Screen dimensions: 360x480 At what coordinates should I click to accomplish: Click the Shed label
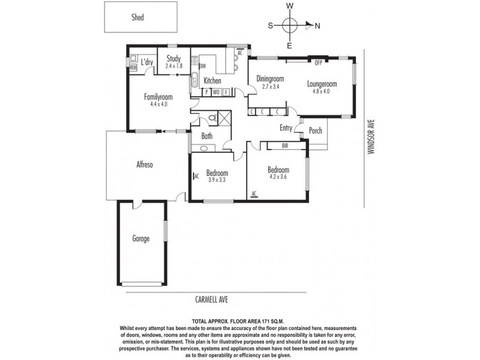tap(138, 17)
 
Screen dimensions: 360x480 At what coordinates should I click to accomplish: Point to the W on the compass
tap(290, 5)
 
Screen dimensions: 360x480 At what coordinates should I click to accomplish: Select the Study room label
tap(174, 59)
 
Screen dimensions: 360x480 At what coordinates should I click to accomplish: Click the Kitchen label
tap(212, 81)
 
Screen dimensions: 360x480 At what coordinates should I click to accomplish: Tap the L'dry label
tap(146, 62)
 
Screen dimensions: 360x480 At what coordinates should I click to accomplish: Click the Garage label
tap(141, 239)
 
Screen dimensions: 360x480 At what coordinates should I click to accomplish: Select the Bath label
tap(206, 136)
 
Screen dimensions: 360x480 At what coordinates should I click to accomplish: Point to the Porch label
tap(315, 131)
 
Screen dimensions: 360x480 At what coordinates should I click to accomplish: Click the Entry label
tap(286, 127)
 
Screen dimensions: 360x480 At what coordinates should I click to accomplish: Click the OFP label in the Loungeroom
tap(319, 62)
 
